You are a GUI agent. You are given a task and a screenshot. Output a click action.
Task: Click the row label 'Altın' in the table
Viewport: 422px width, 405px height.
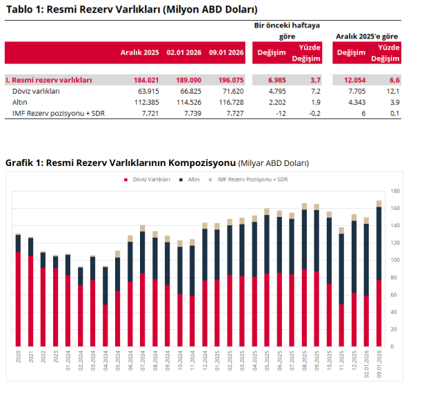point(21,101)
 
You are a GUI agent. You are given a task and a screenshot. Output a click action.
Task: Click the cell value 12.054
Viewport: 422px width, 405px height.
point(352,80)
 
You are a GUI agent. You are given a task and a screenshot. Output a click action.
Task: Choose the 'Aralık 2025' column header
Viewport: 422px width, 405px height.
point(140,52)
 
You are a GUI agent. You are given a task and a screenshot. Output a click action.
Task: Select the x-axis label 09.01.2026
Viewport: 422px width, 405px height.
point(379,361)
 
